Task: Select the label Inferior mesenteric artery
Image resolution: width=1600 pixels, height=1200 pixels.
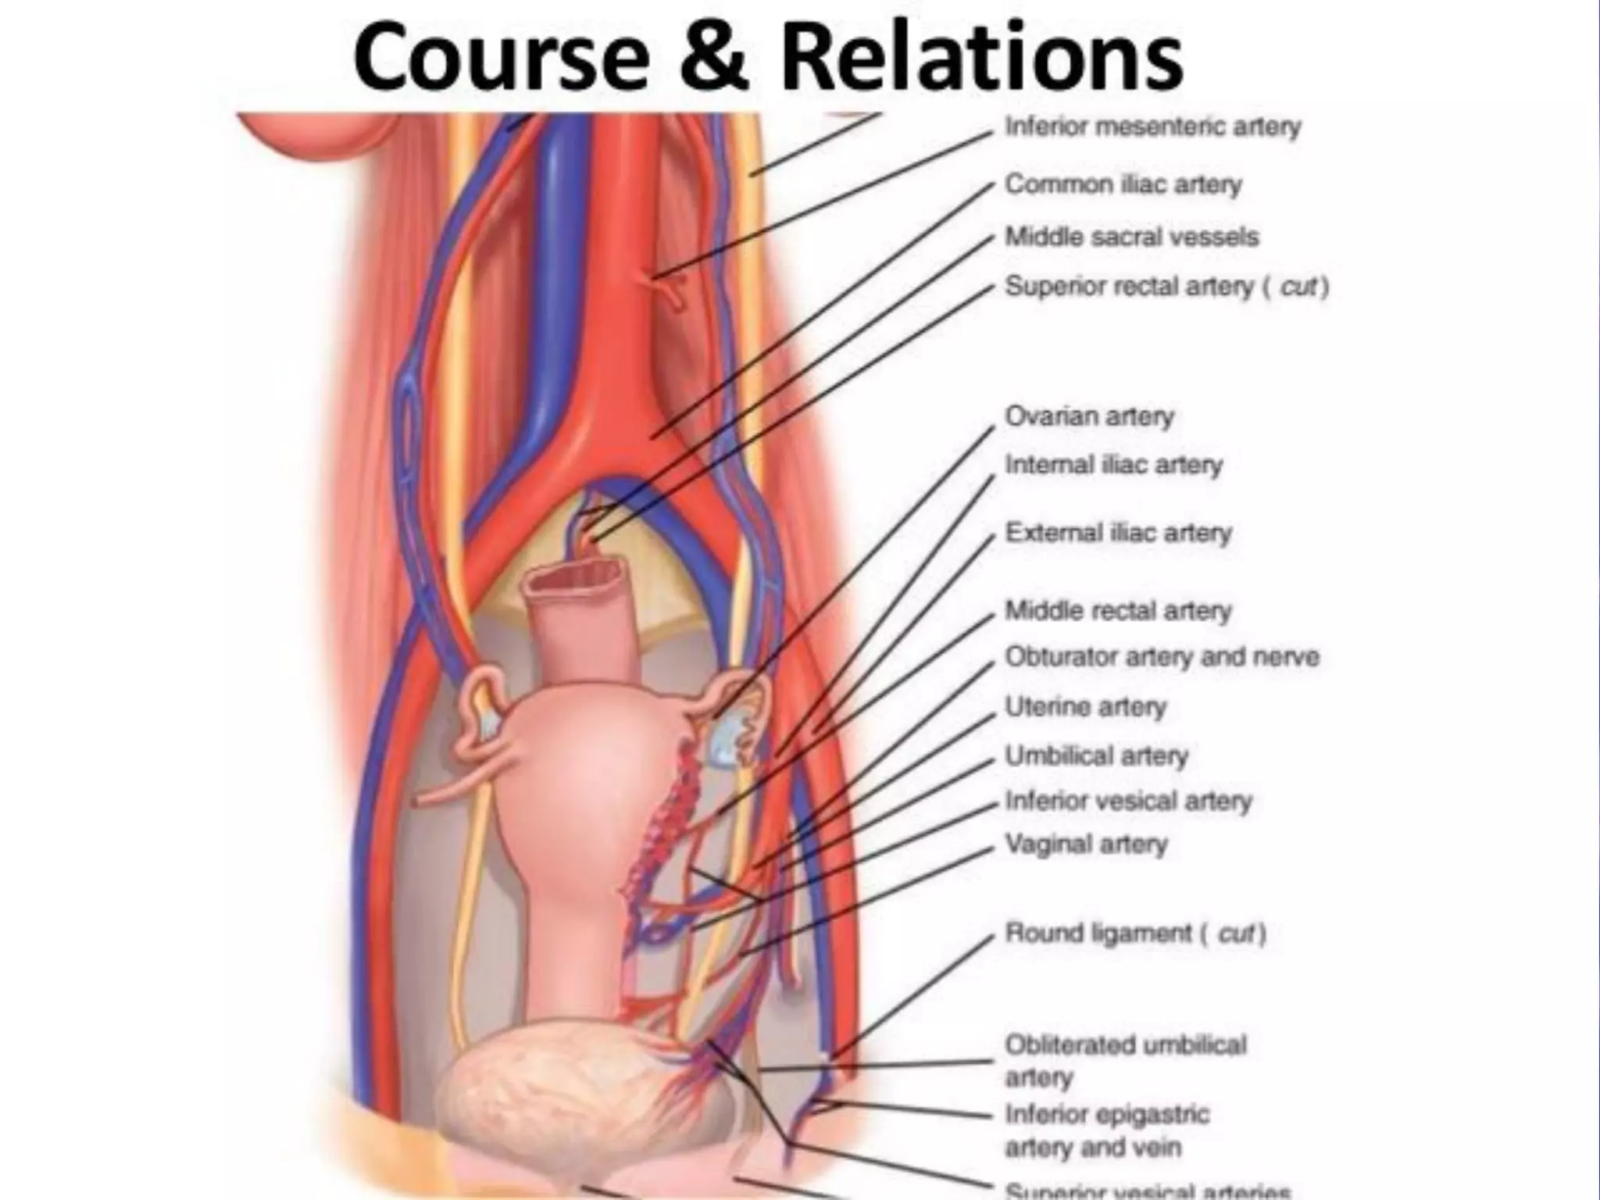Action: click(x=1152, y=127)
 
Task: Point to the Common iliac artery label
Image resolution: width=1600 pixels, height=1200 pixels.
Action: click(x=1123, y=184)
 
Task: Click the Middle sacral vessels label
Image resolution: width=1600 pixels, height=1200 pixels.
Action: click(x=1131, y=237)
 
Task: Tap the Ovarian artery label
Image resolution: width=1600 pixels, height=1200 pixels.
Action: click(x=1089, y=416)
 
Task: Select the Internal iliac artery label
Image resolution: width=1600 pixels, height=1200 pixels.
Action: click(x=1113, y=465)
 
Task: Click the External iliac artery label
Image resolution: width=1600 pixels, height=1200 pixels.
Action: click(x=1118, y=533)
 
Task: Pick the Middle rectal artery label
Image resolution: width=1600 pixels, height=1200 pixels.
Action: click(x=1118, y=610)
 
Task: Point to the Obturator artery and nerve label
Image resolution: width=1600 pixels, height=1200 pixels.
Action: click(x=1162, y=657)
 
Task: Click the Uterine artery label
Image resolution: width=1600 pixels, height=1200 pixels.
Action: click(x=1085, y=707)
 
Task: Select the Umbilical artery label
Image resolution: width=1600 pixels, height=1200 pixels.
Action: click(x=1096, y=756)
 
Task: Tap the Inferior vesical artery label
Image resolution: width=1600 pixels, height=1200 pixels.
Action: click(x=1128, y=801)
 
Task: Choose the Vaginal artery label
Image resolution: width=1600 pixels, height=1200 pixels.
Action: click(x=1086, y=845)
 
